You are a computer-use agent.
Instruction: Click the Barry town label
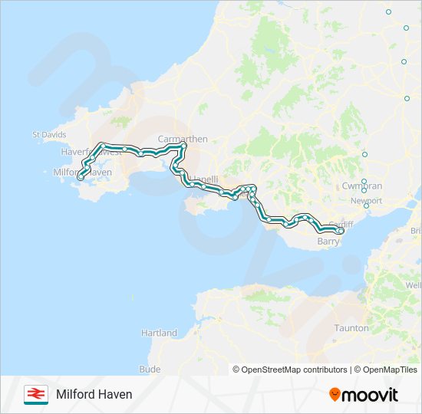point(328,242)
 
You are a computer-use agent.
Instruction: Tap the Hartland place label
point(159,333)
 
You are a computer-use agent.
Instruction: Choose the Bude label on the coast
point(150,369)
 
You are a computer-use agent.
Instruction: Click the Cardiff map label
point(341,224)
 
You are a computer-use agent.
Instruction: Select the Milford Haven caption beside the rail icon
point(94,394)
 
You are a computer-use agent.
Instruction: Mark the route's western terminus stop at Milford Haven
point(80,178)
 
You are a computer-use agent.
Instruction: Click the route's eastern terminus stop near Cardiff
point(340,230)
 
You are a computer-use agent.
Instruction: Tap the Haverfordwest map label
point(91,152)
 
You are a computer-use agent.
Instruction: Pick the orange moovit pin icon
point(334,395)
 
